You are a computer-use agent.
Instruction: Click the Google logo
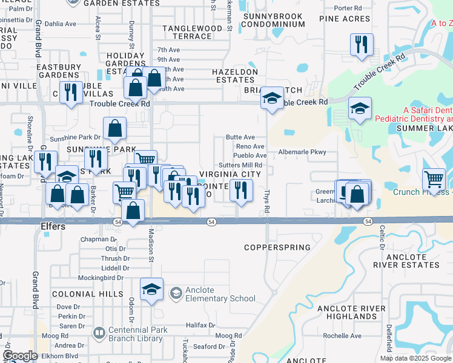[20, 356]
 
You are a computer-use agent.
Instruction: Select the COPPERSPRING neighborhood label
[277, 247]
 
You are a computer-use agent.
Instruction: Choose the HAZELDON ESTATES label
[234, 76]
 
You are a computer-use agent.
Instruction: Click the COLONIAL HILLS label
[79, 294]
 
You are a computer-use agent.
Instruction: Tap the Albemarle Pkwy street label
[302, 152]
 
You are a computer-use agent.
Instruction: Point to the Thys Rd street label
[266, 202]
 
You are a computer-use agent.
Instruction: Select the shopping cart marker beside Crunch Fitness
[434, 178]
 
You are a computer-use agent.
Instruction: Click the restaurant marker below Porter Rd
[362, 44]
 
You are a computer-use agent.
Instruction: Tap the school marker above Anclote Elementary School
[151, 289]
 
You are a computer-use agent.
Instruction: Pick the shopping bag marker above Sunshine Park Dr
[114, 128]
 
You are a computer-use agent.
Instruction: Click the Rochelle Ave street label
[342, 336]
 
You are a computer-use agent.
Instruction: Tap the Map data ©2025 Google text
[416, 358]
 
